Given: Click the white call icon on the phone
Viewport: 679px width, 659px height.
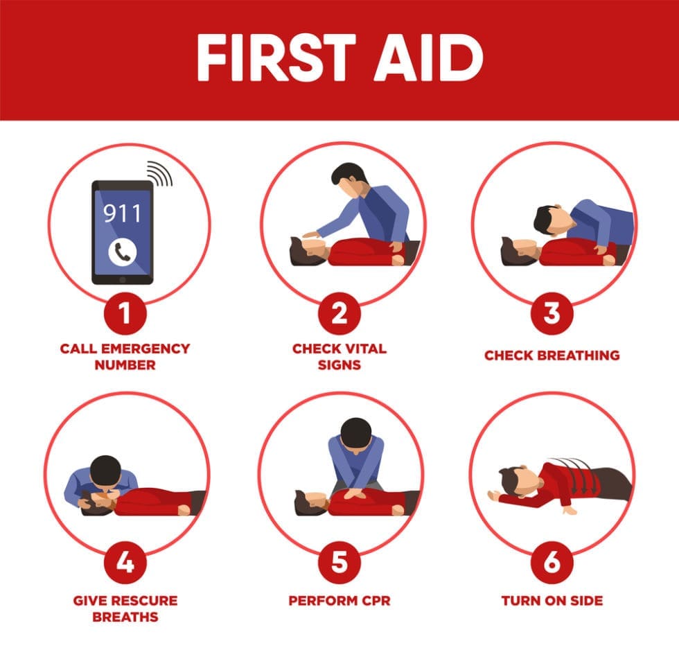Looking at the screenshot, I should (x=122, y=253).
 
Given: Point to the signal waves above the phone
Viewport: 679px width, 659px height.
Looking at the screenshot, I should (x=161, y=174).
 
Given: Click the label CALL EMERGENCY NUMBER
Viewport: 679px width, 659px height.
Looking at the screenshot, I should (x=125, y=356).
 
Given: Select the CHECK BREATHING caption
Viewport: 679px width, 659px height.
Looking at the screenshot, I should (x=552, y=355).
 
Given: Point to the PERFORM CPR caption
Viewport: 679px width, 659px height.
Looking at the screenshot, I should (x=339, y=600).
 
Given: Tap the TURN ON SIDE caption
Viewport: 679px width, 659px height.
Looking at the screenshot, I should (x=552, y=600).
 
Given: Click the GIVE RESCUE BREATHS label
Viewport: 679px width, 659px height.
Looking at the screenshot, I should (x=125, y=608).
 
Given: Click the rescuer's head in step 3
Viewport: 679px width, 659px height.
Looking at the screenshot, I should (x=547, y=220).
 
